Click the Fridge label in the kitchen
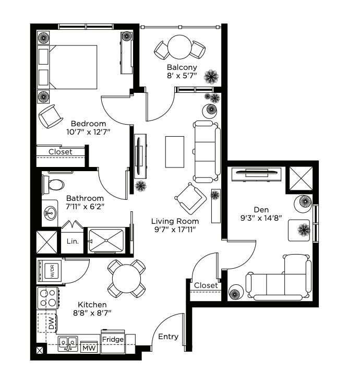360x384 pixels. (113, 339)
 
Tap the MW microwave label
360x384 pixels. (89, 348)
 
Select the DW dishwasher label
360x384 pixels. (51, 323)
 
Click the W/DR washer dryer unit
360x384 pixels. (50, 271)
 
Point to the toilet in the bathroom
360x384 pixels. (53, 184)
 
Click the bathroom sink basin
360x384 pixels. (50, 213)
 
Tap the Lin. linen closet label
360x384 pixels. (73, 242)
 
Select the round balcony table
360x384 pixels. (179, 47)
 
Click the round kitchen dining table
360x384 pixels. (126, 279)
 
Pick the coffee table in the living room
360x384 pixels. (175, 152)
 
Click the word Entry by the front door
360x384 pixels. (168, 337)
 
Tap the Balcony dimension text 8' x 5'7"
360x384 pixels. (182, 76)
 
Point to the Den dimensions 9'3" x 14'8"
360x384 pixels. (261, 218)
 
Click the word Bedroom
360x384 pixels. (88, 124)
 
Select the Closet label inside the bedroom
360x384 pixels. (60, 152)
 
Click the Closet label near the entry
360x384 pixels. (206, 285)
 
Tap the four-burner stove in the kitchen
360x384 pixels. (48, 298)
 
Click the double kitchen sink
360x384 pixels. (68, 344)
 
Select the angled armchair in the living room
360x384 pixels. (191, 199)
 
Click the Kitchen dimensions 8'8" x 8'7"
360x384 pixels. (92, 313)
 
